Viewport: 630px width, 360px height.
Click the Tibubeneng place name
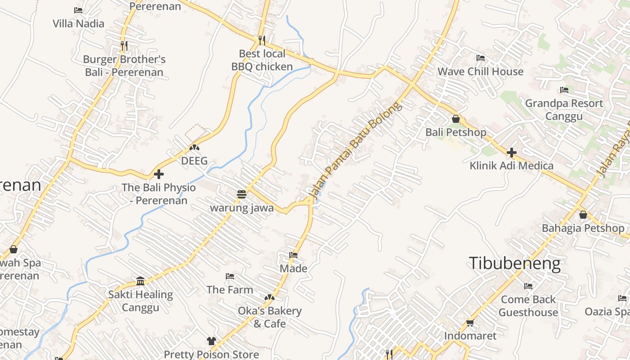(x=515, y=263)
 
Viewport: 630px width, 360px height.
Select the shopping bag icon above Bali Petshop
(x=456, y=119)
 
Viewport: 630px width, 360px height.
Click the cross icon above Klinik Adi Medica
(x=511, y=153)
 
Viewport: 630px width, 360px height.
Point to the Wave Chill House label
(x=480, y=72)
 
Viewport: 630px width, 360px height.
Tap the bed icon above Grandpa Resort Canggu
(x=564, y=90)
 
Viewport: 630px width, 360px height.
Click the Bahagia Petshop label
(x=583, y=228)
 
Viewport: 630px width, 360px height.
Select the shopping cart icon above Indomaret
(x=470, y=323)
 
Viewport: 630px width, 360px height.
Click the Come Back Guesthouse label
(x=528, y=306)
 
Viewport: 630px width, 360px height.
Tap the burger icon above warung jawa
(x=242, y=194)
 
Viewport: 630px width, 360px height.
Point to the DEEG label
(x=194, y=161)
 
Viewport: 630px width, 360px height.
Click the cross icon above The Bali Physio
(x=158, y=174)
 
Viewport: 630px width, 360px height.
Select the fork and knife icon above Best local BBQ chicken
(x=262, y=40)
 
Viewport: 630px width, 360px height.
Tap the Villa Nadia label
(x=78, y=23)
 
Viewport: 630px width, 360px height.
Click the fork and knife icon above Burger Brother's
(x=124, y=45)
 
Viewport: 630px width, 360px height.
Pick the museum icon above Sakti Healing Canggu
(x=140, y=281)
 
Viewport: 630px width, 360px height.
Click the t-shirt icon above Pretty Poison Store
(x=211, y=341)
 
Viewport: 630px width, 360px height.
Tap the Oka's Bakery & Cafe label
(x=270, y=317)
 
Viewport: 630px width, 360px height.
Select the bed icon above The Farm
(x=230, y=276)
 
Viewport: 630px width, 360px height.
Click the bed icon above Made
(x=293, y=255)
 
